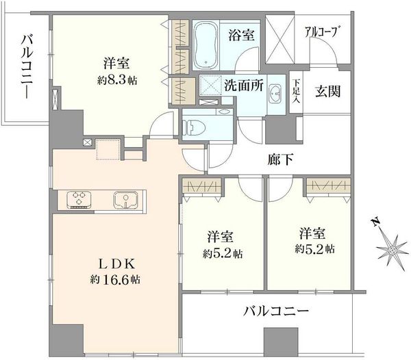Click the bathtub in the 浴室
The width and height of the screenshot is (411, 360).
tap(206, 44)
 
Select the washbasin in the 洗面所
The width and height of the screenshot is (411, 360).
tap(275, 94)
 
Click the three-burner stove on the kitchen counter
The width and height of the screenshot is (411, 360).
tap(79, 199)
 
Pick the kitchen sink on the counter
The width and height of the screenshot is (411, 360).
tap(125, 199)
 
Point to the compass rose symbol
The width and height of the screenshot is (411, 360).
tap(393, 250)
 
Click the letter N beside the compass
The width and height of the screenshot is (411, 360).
tap(376, 222)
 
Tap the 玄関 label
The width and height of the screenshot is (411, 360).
tap(327, 92)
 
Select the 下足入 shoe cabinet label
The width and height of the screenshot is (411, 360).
tap(297, 92)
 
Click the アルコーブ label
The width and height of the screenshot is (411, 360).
tap(321, 32)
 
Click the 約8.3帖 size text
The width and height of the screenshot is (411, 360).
tap(117, 80)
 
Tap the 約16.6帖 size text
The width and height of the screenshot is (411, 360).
tap(115, 280)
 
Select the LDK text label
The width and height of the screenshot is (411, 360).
tap(116, 264)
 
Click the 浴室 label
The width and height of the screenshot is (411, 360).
tap(241, 35)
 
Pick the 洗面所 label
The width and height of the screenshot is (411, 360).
tap(243, 85)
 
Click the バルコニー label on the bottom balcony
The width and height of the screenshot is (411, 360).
tap(276, 311)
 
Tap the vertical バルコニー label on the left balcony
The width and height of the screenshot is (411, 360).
tap(27, 67)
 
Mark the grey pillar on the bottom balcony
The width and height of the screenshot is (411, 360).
tap(281, 342)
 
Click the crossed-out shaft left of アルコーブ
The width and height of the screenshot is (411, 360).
tap(279, 39)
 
